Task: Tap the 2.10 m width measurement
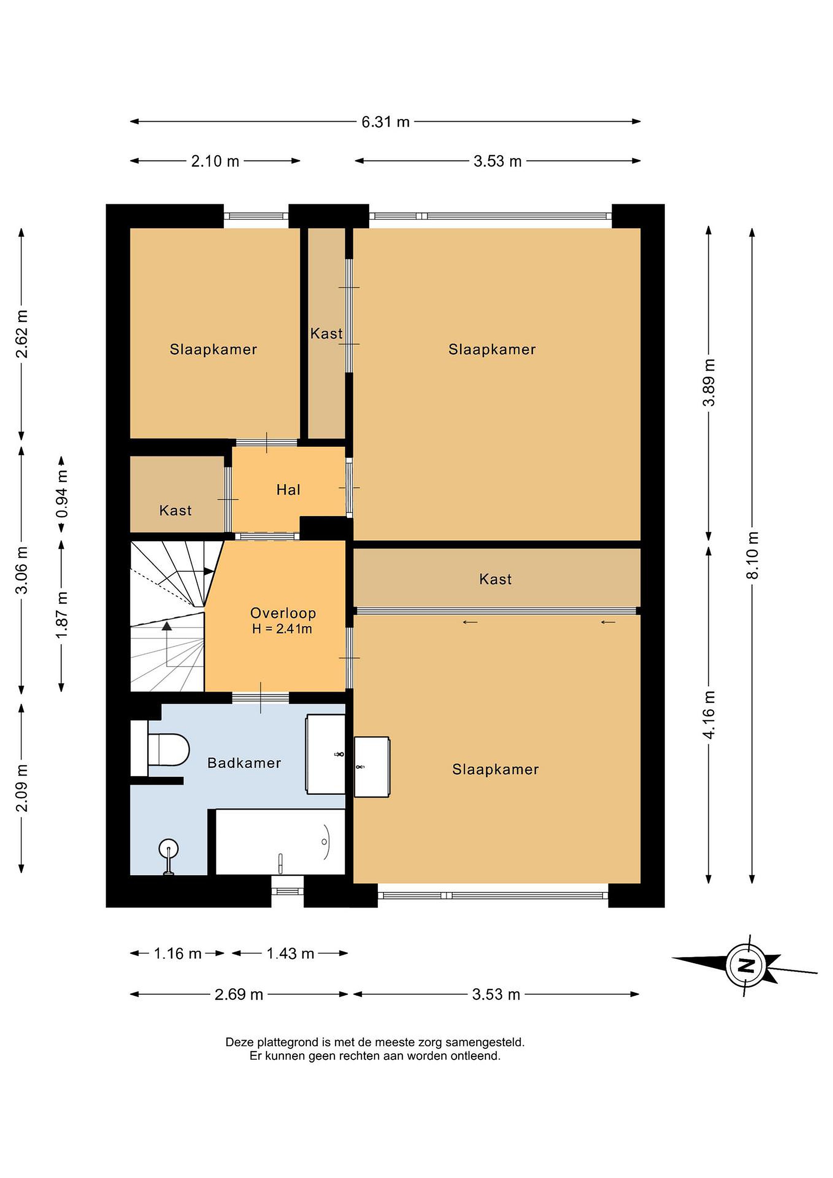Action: click(x=215, y=161)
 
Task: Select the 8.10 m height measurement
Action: click(x=752, y=555)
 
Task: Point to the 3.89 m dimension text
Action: click(x=709, y=382)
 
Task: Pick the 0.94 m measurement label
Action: click(x=62, y=495)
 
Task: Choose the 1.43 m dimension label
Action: click(x=290, y=953)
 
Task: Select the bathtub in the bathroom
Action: click(x=280, y=842)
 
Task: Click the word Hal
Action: click(x=288, y=490)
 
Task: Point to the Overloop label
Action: click(x=283, y=613)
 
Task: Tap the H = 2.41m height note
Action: click(x=282, y=629)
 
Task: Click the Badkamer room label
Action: click(x=244, y=763)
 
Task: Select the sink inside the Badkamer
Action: click(x=326, y=754)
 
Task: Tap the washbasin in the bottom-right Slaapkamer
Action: click(x=372, y=767)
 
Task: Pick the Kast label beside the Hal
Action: click(x=175, y=510)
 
